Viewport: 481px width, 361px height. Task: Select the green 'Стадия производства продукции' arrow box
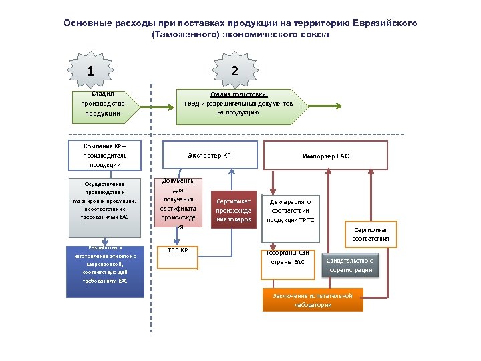point(104,105)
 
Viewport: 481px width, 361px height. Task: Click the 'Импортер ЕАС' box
point(325,156)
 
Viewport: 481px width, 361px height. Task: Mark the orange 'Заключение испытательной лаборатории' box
point(312,300)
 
